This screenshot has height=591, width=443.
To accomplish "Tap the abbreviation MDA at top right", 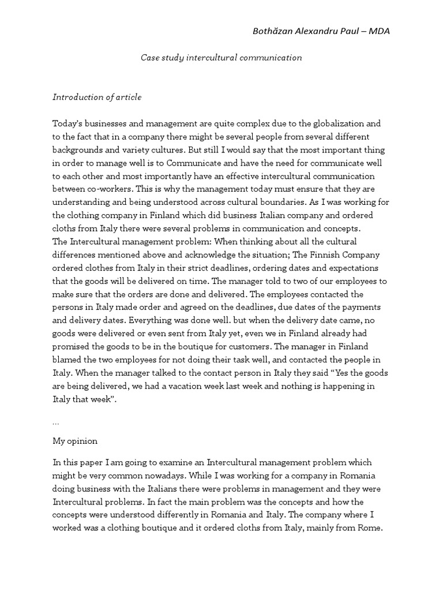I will [378, 31].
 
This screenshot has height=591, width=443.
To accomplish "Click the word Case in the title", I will [152, 58].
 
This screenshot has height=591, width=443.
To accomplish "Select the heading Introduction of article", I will [97, 97].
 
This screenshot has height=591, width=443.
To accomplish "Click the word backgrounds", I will [77, 149].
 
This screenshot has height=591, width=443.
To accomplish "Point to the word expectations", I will [351, 268].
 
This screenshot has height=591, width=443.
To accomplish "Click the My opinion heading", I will [75, 441].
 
